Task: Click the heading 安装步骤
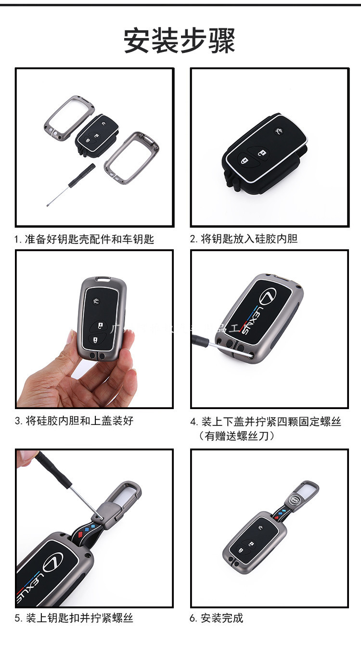click(x=180, y=40)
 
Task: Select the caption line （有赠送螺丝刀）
click(x=236, y=436)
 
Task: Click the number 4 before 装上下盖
click(x=193, y=422)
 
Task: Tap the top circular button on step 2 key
click(x=279, y=131)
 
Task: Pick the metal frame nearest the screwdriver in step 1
click(x=131, y=159)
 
